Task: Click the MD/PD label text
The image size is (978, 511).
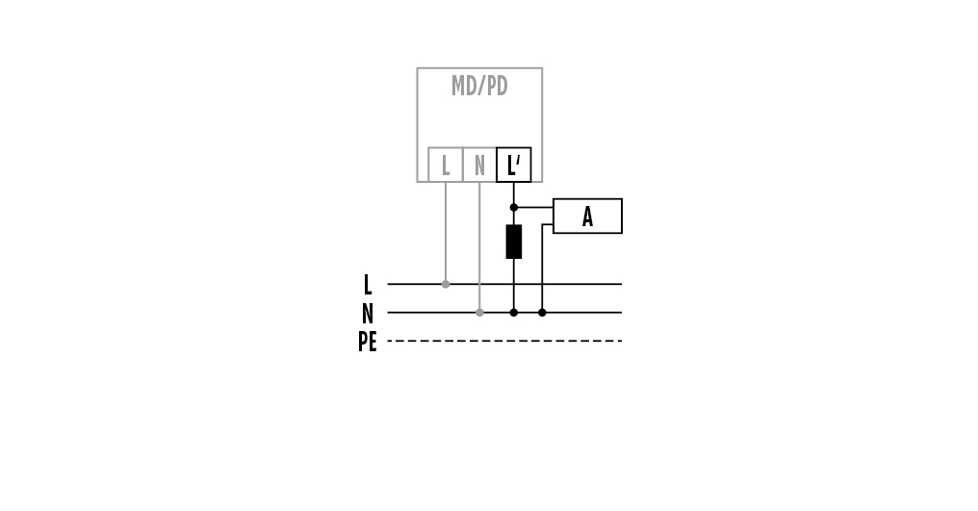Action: point(479,87)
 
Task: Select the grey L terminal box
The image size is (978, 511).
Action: point(445,165)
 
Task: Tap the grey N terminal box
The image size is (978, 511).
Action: point(479,165)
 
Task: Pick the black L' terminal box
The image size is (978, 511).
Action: point(513,165)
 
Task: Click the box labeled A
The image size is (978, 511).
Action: point(587,216)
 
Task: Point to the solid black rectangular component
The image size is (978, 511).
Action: point(513,242)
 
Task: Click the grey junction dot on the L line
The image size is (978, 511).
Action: point(445,284)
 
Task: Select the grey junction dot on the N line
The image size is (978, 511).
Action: point(479,312)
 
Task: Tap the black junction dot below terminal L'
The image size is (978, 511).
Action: point(513,207)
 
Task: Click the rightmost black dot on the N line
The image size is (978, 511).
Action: point(542,312)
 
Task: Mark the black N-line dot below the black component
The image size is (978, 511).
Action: point(513,312)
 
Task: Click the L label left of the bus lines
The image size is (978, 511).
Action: point(367,285)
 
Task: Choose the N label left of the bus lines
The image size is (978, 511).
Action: point(367,314)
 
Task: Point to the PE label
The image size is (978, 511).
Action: point(367,342)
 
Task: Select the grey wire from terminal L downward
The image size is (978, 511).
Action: point(445,231)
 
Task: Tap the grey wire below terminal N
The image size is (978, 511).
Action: point(479,245)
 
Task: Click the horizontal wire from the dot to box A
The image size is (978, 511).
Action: point(533,207)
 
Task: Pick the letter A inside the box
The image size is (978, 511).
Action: point(587,217)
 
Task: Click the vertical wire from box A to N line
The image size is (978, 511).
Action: point(542,269)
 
